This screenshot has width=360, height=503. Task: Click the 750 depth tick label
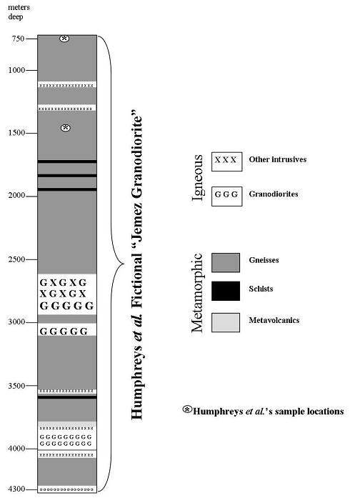18,39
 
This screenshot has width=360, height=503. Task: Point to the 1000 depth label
16,70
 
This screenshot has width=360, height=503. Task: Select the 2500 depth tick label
16,259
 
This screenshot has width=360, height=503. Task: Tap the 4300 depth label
16,489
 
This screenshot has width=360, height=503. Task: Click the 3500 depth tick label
16,386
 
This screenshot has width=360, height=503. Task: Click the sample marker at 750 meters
64,39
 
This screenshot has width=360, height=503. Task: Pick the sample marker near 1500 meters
66,128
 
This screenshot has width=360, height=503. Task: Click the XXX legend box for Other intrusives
226,161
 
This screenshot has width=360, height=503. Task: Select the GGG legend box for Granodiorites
226,196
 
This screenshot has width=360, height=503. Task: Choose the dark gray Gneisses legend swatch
226,263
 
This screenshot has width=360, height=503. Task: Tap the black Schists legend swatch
226,291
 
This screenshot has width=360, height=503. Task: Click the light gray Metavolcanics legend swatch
226,322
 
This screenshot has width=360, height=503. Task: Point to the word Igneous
198,177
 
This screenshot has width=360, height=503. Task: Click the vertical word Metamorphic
197,293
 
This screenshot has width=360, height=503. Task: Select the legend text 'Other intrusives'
278,159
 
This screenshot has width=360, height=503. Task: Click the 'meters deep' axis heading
19,12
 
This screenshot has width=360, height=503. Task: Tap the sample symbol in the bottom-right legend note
187,409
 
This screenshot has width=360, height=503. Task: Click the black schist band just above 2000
67,189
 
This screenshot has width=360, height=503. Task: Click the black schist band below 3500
67,397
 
